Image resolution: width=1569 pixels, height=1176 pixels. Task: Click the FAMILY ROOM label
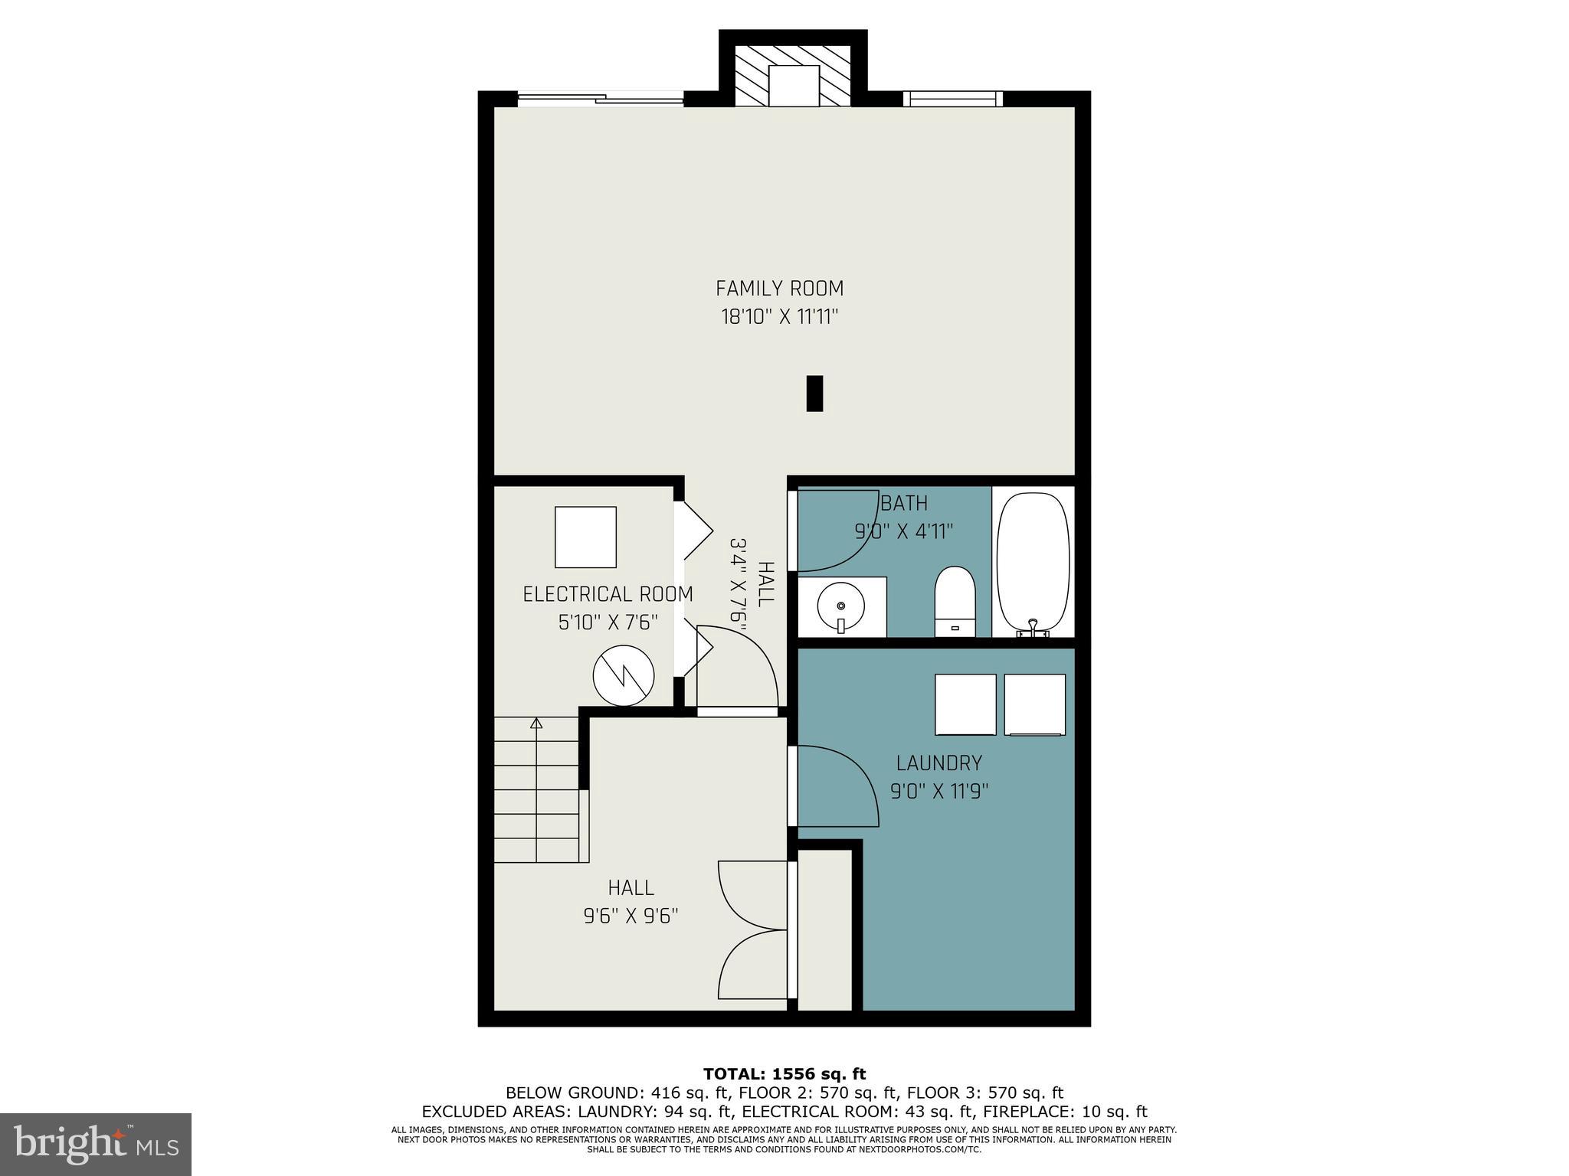click(x=779, y=289)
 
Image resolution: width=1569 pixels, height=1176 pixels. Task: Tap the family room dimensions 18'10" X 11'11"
click(x=779, y=317)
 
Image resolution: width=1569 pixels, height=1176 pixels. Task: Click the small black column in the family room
click(x=814, y=393)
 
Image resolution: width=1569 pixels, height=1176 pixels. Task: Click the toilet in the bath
click(x=955, y=602)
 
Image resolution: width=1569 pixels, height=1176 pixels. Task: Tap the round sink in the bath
click(x=841, y=607)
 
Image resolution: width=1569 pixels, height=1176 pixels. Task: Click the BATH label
click(x=904, y=503)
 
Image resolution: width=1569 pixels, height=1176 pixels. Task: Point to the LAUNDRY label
click(x=938, y=763)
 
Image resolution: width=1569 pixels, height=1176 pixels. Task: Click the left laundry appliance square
click(x=965, y=704)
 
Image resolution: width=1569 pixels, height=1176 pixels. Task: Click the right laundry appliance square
click(x=1034, y=704)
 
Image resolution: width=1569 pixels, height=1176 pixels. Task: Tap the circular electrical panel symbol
click(x=624, y=676)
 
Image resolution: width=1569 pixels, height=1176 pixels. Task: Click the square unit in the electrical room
click(x=585, y=537)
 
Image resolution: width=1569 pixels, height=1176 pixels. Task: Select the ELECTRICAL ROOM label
click(x=608, y=594)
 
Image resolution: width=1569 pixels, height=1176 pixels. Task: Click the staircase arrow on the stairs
click(x=536, y=724)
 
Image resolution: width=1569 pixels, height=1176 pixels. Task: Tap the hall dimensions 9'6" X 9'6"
click(x=631, y=916)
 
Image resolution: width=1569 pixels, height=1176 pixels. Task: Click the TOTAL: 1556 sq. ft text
click(x=784, y=1074)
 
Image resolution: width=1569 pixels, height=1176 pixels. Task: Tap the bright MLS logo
click(x=96, y=1144)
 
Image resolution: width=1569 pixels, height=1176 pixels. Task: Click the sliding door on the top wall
click(x=600, y=97)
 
